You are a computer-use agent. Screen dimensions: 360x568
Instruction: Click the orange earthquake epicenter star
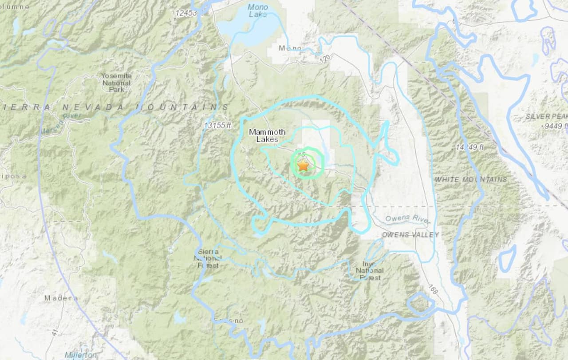pos(303,166)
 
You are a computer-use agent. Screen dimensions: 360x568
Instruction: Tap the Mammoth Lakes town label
pos(267,135)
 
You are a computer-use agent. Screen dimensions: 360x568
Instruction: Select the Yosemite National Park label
pos(116,83)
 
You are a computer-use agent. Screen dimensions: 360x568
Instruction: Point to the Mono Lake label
pos(258,11)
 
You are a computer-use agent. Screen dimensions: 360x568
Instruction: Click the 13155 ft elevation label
pos(217,126)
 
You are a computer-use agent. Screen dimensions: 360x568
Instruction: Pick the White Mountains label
pos(470,179)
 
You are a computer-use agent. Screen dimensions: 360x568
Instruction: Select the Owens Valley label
pos(410,234)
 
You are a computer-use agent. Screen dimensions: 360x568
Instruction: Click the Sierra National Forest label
pos(208,258)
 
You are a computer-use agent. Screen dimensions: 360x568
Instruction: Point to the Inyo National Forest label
pos(370,270)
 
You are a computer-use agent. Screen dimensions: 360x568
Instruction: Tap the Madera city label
pos(61,298)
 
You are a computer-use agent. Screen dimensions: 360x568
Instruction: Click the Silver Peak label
pos(546,116)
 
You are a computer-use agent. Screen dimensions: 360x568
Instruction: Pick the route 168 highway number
pos(432,290)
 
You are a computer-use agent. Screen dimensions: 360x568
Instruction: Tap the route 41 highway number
pos(55,331)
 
